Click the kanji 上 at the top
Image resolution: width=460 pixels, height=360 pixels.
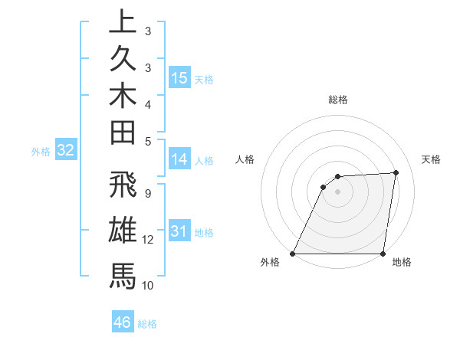pos(123,22)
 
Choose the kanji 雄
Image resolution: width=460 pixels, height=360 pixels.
pos(123,231)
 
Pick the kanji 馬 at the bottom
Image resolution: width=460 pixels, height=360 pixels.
pos(123,274)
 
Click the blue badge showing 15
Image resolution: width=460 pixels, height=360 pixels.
pos(179,78)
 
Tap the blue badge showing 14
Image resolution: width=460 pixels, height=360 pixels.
pos(179,159)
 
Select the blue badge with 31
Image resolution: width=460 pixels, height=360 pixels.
pos(179,232)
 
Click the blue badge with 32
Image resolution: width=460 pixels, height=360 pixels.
pos(65,151)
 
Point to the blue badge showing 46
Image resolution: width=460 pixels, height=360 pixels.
pos(123,322)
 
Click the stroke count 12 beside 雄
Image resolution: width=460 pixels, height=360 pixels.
pos(148,240)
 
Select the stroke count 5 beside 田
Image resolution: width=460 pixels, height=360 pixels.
pos(147,141)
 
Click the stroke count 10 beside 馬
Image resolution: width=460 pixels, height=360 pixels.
pos(148,285)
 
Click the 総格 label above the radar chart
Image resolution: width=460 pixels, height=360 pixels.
pos(338,100)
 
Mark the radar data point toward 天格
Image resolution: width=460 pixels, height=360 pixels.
pos(396,172)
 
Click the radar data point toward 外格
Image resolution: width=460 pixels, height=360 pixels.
pos(293,254)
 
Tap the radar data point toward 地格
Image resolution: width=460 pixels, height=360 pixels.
pos(383,254)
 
